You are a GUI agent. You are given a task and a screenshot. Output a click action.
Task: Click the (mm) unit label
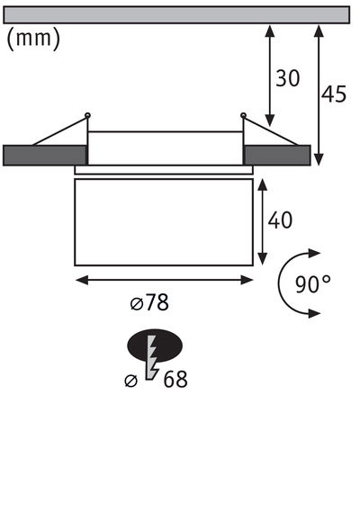[33, 40]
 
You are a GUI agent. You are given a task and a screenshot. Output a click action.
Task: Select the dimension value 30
[288, 79]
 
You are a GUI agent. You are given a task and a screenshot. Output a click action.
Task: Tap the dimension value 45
[335, 94]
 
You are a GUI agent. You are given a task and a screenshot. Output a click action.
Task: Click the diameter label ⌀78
[150, 303]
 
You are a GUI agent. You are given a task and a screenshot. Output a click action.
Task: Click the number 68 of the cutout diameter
[175, 380]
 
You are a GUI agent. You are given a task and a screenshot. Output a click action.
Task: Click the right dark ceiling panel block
[277, 155]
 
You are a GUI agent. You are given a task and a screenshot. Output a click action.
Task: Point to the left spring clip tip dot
[87, 114]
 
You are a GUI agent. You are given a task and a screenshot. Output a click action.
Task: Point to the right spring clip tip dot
[243, 114]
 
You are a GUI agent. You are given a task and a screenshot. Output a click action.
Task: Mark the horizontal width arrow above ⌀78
[165, 280]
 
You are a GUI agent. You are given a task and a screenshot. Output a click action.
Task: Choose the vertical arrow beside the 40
[261, 220]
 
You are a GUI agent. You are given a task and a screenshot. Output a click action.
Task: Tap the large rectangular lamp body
[165, 220]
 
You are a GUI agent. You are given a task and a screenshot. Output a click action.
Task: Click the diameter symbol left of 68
[131, 381]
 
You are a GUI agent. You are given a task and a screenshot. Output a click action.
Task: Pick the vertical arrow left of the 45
[318, 94]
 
